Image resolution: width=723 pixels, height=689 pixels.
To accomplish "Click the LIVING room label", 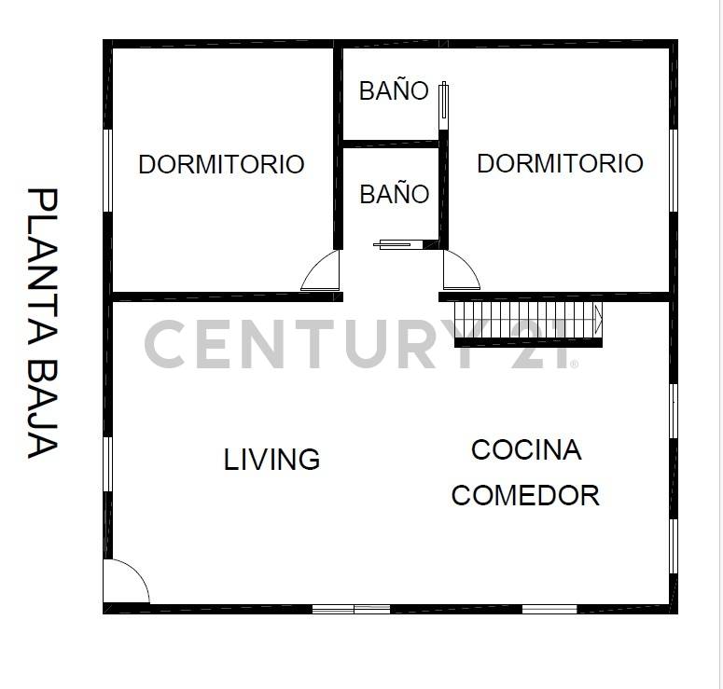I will coord(271,460).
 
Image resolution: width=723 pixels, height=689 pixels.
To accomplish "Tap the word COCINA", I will coord(526,450).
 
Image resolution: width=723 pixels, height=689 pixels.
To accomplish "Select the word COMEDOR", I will coord(525,495).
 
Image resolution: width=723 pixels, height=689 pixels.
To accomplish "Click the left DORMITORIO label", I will coord(221,165).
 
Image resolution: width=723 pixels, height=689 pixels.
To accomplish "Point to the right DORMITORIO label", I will coord(560,163).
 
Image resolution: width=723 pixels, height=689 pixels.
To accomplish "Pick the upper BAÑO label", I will coord(394,91).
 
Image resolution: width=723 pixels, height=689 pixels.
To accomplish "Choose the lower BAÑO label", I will coord(394,194).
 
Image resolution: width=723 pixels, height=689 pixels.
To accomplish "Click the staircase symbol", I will coord(528,322).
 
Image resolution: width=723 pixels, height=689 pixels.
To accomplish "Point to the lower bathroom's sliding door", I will coord(398,245).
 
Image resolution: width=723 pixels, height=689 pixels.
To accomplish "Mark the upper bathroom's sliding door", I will coord(444,105).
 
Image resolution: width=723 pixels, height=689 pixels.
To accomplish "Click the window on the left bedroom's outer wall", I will coord(107,170).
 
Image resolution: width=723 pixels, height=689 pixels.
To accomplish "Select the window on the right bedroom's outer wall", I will coord(674,170).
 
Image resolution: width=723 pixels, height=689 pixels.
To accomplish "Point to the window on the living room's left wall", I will coord(107,463).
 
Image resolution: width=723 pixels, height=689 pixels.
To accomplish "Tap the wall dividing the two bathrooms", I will coord(390,144).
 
